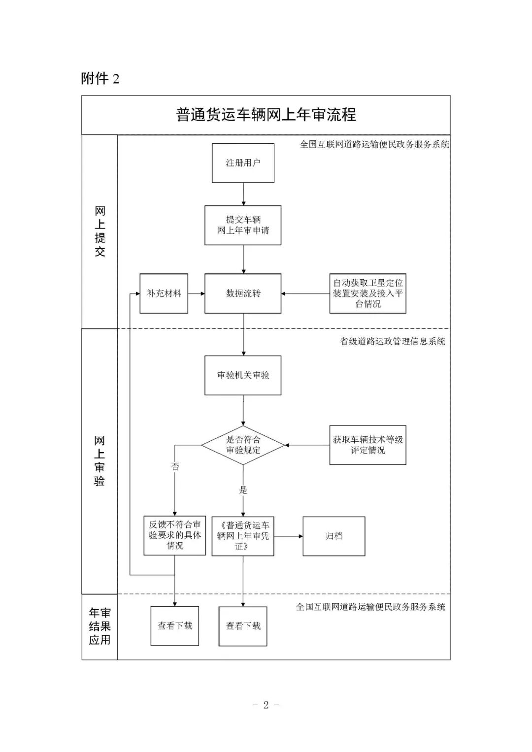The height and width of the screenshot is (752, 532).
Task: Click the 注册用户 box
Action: (x=243, y=163)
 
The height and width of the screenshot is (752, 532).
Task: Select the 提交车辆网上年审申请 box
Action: (x=243, y=225)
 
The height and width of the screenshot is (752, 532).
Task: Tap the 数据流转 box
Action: (x=243, y=294)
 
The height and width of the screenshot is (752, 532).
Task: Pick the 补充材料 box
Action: (x=164, y=294)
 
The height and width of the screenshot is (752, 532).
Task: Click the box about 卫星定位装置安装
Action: (x=367, y=294)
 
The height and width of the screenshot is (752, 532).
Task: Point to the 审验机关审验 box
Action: (x=243, y=375)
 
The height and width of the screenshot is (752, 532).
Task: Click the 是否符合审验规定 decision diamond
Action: (x=243, y=445)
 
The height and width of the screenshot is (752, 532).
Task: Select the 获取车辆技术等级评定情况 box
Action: (x=367, y=445)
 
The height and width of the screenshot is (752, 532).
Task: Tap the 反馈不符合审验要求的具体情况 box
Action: (x=174, y=536)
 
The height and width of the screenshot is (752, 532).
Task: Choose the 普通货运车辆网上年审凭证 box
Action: (x=243, y=536)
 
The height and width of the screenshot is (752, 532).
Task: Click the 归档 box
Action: (x=333, y=536)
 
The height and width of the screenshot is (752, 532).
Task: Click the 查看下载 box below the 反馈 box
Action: (x=174, y=626)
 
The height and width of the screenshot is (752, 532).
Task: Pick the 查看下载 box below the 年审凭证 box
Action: (x=243, y=626)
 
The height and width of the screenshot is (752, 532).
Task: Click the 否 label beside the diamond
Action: (x=175, y=466)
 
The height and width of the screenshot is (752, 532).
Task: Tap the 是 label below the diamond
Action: (x=243, y=490)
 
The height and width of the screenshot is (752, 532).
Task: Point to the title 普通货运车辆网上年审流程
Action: (x=266, y=115)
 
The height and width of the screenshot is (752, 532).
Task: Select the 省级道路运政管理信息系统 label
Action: (x=392, y=341)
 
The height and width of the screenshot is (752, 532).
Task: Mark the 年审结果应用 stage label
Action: (x=100, y=626)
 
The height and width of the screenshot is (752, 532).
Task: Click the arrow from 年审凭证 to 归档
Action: (x=288, y=536)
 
